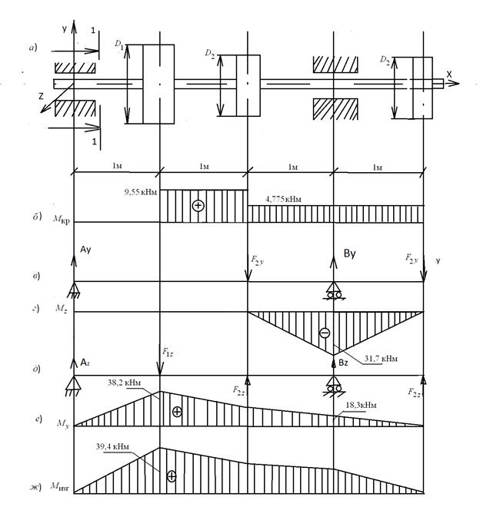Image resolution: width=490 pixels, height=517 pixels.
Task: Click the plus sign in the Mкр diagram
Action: (x=198, y=206)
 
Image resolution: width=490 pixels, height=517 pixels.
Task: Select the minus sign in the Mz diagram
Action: (x=325, y=333)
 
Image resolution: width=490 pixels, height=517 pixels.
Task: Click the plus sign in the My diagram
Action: (x=177, y=412)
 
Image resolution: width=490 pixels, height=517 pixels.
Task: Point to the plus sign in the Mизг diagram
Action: (x=171, y=476)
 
